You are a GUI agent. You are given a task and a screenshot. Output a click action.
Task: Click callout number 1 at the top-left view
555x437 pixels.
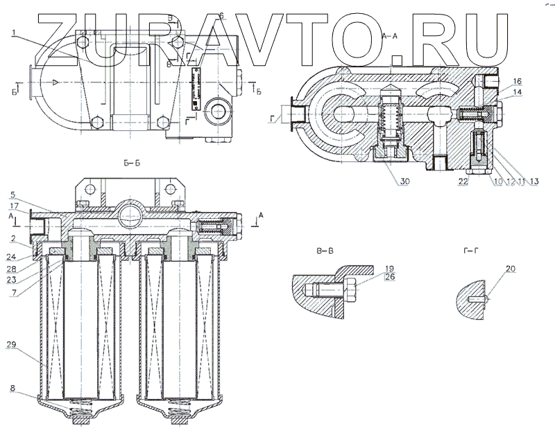[14, 32]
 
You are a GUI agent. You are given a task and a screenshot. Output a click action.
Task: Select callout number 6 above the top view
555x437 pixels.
[221, 15]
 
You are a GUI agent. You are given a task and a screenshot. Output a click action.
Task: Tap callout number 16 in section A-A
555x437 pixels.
[516, 81]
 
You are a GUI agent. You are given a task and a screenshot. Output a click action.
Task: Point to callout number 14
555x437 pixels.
[516, 91]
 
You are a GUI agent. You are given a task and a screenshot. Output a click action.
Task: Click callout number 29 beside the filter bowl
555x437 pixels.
[14, 344]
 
